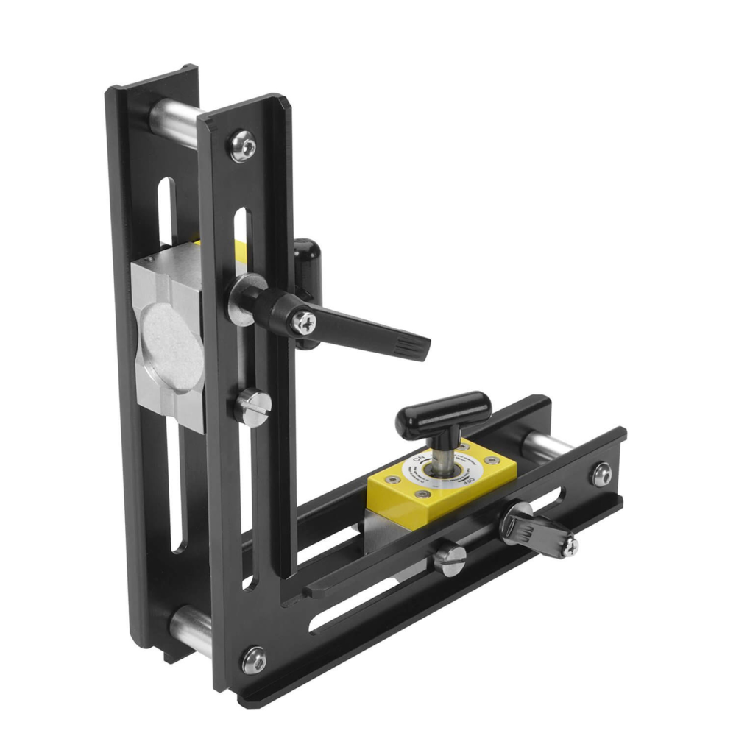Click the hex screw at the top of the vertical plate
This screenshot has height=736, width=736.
click(243, 145)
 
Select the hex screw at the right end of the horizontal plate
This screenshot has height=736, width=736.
click(601, 473)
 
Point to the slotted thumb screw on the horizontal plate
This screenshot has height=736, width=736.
click(450, 559)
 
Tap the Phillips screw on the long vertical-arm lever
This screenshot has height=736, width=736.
click(303, 322)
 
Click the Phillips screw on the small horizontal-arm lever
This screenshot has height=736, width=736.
click(569, 545)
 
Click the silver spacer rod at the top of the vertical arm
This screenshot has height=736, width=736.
click(174, 118)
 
